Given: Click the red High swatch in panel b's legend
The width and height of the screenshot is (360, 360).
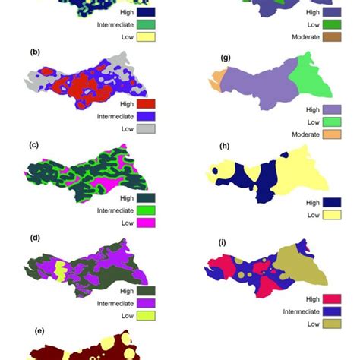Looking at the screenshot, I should [147, 104].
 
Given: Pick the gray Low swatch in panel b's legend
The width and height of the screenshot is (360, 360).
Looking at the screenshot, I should [147, 129].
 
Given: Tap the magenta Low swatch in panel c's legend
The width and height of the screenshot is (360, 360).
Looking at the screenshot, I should [147, 223].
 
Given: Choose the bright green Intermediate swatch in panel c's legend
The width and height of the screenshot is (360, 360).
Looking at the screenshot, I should [147, 210].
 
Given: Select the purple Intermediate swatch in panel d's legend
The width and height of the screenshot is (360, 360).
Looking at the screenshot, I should [147, 302].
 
